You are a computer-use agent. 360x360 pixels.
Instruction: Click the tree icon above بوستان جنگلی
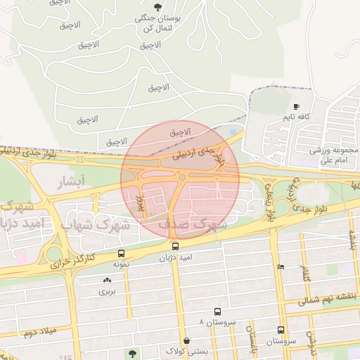click(x=156, y=7)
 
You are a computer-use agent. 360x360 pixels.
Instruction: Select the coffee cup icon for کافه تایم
click(x=296, y=106)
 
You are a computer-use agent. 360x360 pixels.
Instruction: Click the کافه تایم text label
click(x=298, y=116)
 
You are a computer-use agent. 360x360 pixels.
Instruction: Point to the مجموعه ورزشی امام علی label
click(x=335, y=155)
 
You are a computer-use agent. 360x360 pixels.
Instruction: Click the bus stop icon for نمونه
click(x=122, y=253)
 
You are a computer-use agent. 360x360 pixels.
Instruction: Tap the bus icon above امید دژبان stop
click(x=175, y=247)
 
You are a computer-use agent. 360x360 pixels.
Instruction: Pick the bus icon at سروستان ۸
click(x=217, y=311)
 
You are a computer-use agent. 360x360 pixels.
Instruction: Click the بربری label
click(x=105, y=290)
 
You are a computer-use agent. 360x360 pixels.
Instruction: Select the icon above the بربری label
click(x=105, y=281)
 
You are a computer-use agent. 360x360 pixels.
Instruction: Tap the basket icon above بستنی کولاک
click(x=186, y=340)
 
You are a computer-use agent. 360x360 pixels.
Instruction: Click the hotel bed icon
click(x=281, y=267)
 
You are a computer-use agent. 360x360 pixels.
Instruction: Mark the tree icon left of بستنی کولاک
click(x=132, y=352)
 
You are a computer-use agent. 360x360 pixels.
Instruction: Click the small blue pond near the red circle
click(x=233, y=131)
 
